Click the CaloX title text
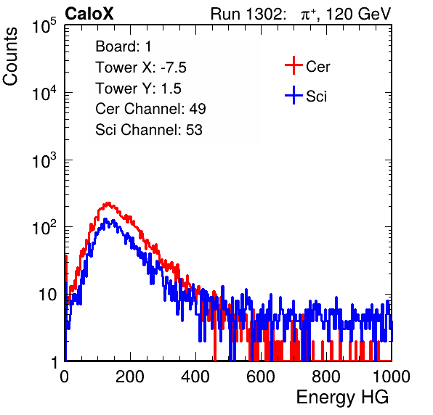click(89, 14)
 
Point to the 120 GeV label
click(358, 14)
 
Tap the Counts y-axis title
click(10, 57)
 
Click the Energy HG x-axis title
click(342, 398)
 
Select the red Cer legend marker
click(294, 65)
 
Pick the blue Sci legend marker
click(294, 95)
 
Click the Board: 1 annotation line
click(124, 46)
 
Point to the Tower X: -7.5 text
click(141, 67)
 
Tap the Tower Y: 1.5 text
click(138, 89)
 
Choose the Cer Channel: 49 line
click(150, 109)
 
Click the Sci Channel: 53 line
click(149, 130)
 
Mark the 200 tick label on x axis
click(130, 377)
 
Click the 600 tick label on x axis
click(261, 377)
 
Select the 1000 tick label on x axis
click(391, 377)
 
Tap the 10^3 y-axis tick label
click(44, 160)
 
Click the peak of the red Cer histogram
click(108, 204)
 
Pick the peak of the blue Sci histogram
click(105, 220)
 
